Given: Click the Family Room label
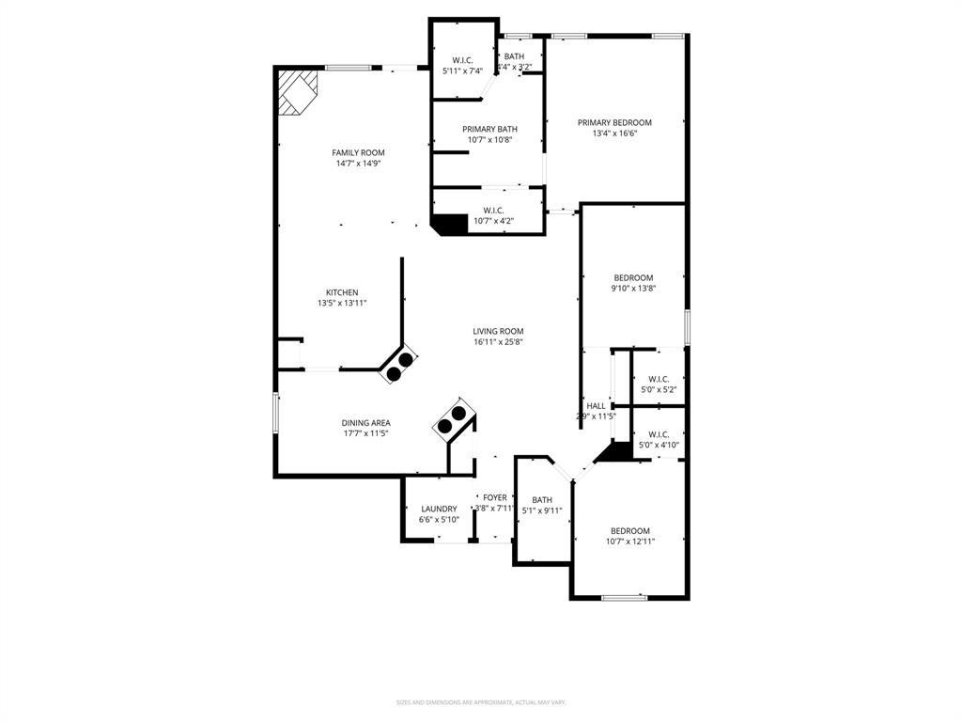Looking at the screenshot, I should coord(358,152).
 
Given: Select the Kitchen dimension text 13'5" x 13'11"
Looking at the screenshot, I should coord(342,304).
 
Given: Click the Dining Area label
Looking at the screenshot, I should coord(365,423).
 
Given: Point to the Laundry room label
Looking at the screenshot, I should coord(439,509).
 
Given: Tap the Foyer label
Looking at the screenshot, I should coord(494,497).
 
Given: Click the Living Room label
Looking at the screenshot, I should coord(498,331).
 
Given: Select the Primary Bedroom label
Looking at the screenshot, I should coord(614,122).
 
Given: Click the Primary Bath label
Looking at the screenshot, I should coord(489,129).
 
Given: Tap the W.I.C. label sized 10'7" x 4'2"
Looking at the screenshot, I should coord(493,211).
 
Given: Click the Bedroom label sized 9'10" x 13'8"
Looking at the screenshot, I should coord(633,277).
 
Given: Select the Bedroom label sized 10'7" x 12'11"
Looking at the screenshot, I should coord(630,530).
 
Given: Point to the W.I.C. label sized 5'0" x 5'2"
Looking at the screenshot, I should coord(658,379).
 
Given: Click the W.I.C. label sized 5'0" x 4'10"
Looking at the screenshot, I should coord(658,434).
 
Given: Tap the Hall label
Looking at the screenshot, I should coord(596,406).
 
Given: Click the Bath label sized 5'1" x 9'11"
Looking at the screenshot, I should coord(542,500).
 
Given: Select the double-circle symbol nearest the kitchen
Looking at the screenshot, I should coord(399,366).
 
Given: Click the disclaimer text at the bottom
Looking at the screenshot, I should coord(480,702).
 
